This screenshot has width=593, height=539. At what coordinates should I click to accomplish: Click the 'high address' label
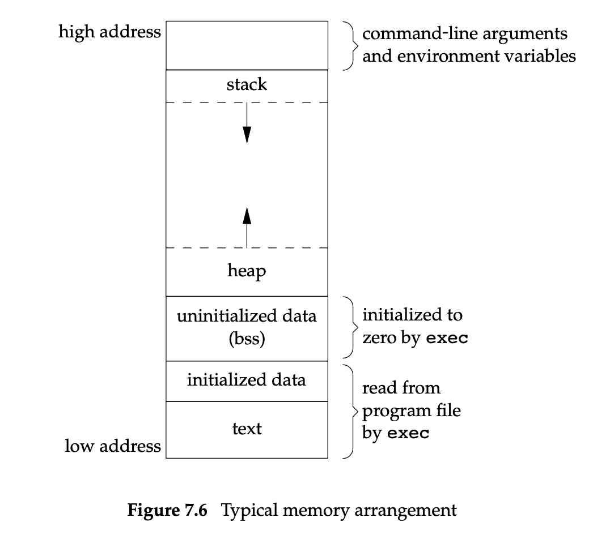(x=109, y=32)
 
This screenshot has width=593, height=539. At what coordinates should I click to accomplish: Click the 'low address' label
(x=113, y=446)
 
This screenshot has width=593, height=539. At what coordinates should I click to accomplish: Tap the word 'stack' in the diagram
(x=247, y=85)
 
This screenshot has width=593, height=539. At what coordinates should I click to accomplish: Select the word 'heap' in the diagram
(x=247, y=271)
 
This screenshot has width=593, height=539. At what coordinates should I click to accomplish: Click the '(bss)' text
(x=247, y=340)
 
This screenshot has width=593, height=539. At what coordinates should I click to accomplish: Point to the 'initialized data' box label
(x=247, y=379)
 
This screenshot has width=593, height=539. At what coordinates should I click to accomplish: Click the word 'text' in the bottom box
(x=247, y=429)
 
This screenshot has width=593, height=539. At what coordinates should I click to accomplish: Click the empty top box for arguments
(x=247, y=45)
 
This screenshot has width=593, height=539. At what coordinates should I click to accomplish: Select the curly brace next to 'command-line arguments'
(x=350, y=46)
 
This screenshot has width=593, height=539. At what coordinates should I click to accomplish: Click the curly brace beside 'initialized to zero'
(x=350, y=327)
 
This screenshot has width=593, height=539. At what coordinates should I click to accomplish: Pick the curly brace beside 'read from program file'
(x=350, y=410)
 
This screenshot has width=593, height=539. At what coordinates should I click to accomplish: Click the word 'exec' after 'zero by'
(x=447, y=340)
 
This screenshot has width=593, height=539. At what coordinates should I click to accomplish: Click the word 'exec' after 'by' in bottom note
(x=408, y=434)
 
